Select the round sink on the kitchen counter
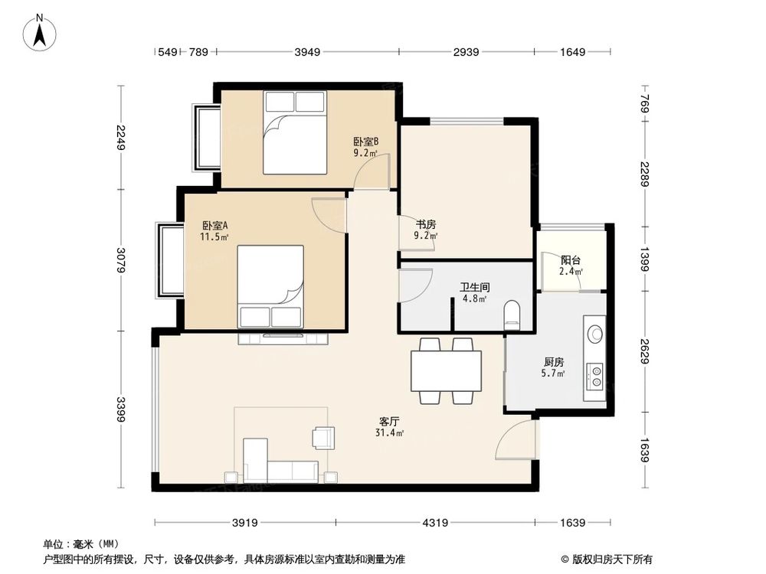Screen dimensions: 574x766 coord(594,333)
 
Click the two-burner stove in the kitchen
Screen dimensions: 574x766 coord(594,375)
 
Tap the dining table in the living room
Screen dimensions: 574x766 coord(446,371)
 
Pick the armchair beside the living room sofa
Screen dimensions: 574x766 coord(323,437)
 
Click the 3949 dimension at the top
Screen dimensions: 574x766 coord(307,52)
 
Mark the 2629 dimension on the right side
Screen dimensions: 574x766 coord(645,353)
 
